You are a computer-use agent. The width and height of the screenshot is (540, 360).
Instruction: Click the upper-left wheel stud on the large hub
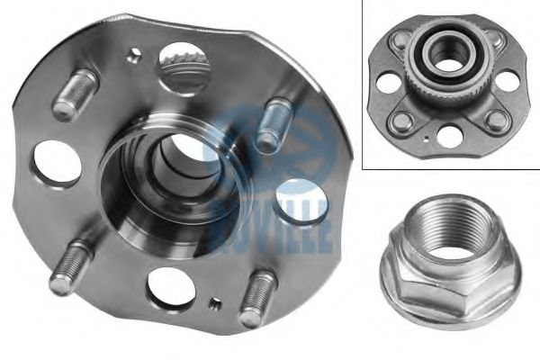(x=76, y=94)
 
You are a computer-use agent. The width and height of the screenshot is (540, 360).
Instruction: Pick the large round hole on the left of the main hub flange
(x=58, y=164)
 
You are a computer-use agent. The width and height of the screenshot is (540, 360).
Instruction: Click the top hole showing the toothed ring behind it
(x=184, y=68)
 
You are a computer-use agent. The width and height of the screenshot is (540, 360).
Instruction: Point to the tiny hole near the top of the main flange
(x=134, y=54)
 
